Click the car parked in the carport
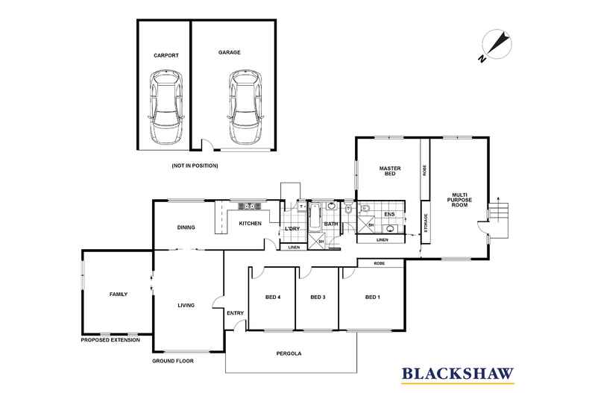pyautogui.click(x=166, y=107)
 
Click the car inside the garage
pyautogui.click(x=246, y=107)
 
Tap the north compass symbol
pyautogui.click(x=497, y=45)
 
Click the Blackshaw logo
pyautogui.click(x=458, y=374)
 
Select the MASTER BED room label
pyautogui.click(x=390, y=171)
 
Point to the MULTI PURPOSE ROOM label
pyautogui.click(x=459, y=200)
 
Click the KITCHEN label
pyautogui.click(x=251, y=223)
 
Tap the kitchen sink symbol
pyautogui.click(x=250, y=206)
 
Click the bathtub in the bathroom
pyautogui.click(x=315, y=216)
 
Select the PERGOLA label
pyautogui.click(x=289, y=353)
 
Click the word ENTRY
pyautogui.click(x=235, y=312)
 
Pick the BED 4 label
pyautogui.click(x=273, y=297)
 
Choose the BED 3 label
pyautogui.click(x=318, y=297)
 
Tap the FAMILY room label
pyautogui.click(x=119, y=294)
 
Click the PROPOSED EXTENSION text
pyautogui.click(x=110, y=339)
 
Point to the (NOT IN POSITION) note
pyautogui.click(x=195, y=166)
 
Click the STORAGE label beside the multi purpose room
pyautogui.click(x=426, y=223)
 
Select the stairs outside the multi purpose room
pyautogui.click(x=499, y=220)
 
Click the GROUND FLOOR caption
pyautogui.click(x=173, y=361)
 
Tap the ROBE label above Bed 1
pyautogui.click(x=379, y=263)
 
